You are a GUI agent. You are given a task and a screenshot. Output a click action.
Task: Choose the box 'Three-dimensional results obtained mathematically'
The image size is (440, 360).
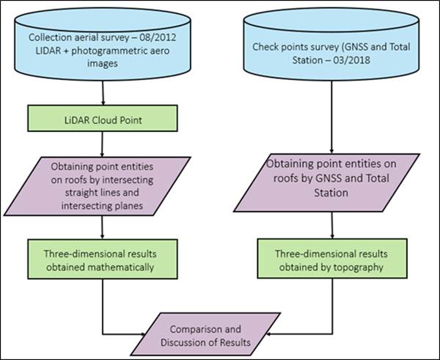pyautogui.click(x=103, y=260)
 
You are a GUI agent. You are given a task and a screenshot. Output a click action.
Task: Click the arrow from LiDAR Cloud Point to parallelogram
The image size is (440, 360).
pyautogui.click(x=103, y=142)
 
